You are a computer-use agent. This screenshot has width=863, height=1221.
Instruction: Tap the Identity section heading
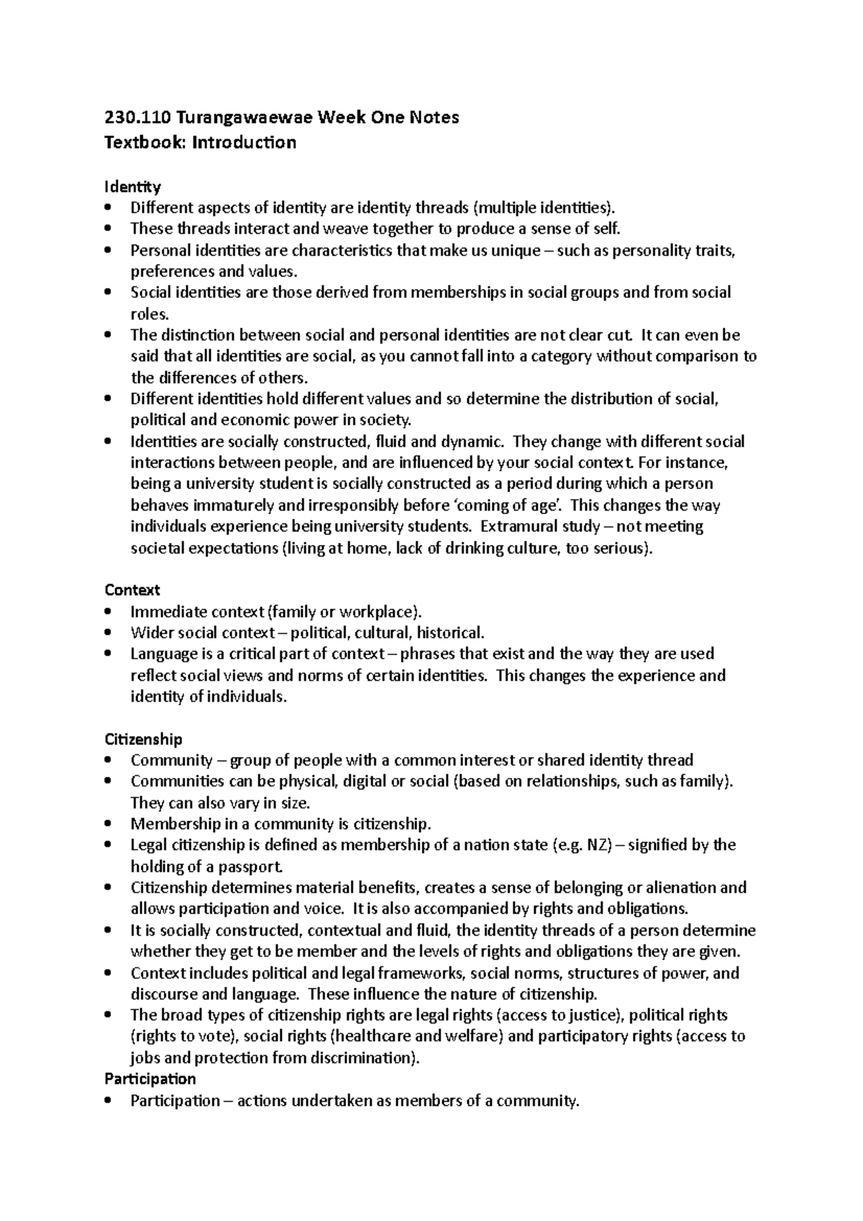pos(132,188)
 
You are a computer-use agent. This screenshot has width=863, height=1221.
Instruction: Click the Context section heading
pos(132,590)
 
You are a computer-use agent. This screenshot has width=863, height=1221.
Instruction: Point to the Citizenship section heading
pos(143,739)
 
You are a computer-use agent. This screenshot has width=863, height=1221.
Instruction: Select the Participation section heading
pos(150,1079)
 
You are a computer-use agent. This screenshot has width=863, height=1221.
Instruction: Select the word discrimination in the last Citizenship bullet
pos(364,1058)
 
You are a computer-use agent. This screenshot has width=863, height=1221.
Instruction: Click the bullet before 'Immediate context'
pos(109,612)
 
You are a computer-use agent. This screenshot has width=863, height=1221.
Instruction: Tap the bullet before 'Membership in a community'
pos(109,824)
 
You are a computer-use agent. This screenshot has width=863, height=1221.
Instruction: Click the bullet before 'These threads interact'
pos(109,229)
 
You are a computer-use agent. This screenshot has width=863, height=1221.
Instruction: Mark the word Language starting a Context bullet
pos(160,654)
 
